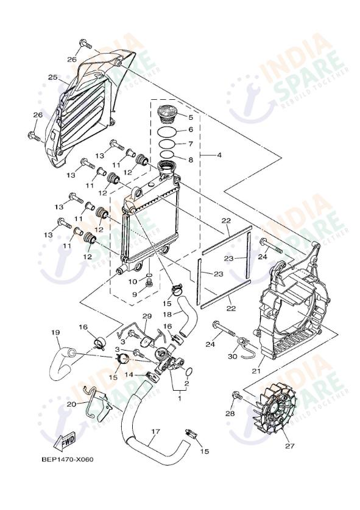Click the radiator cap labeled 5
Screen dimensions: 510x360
[x=167, y=114]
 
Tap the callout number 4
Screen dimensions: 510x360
[x=219, y=155]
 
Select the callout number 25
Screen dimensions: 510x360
[x=53, y=77]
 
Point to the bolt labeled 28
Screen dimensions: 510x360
[x=237, y=397]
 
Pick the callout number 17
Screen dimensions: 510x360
[x=155, y=431]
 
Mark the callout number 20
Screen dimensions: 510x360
[x=71, y=404]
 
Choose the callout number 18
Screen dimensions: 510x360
[x=167, y=314]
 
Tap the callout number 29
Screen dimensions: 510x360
[x=146, y=316]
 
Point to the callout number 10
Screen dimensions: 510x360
[x=133, y=281]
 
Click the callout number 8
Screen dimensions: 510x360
[x=190, y=160]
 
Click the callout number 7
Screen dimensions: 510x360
[x=190, y=144]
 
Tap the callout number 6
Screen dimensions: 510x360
[x=190, y=130]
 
